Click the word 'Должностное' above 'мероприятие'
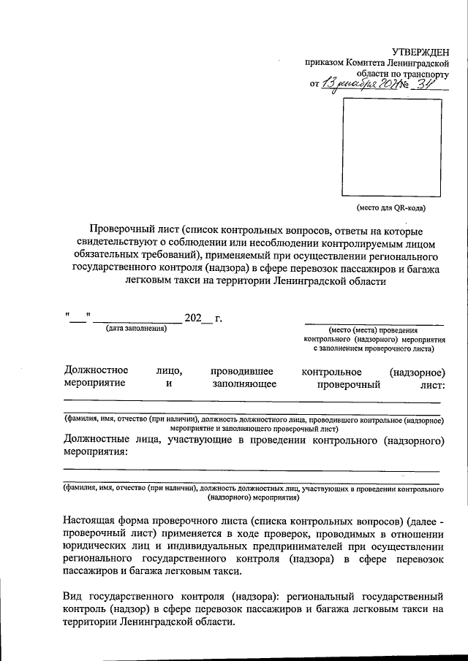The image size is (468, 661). point(97,372)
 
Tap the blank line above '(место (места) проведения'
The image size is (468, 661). point(374,322)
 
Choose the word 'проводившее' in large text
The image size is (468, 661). point(241,372)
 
